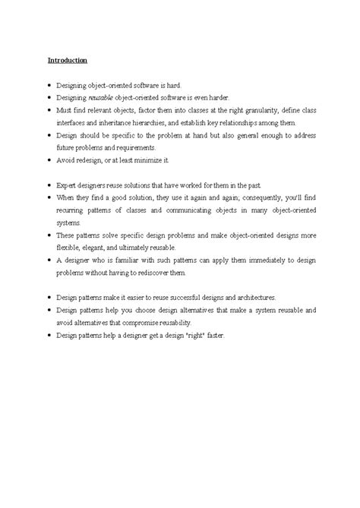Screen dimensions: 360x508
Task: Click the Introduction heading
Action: tap(67, 59)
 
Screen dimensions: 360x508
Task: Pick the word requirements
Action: tap(134, 148)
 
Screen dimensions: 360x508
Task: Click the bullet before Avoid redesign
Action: tap(49, 161)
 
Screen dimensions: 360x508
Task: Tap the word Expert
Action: tap(68, 185)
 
